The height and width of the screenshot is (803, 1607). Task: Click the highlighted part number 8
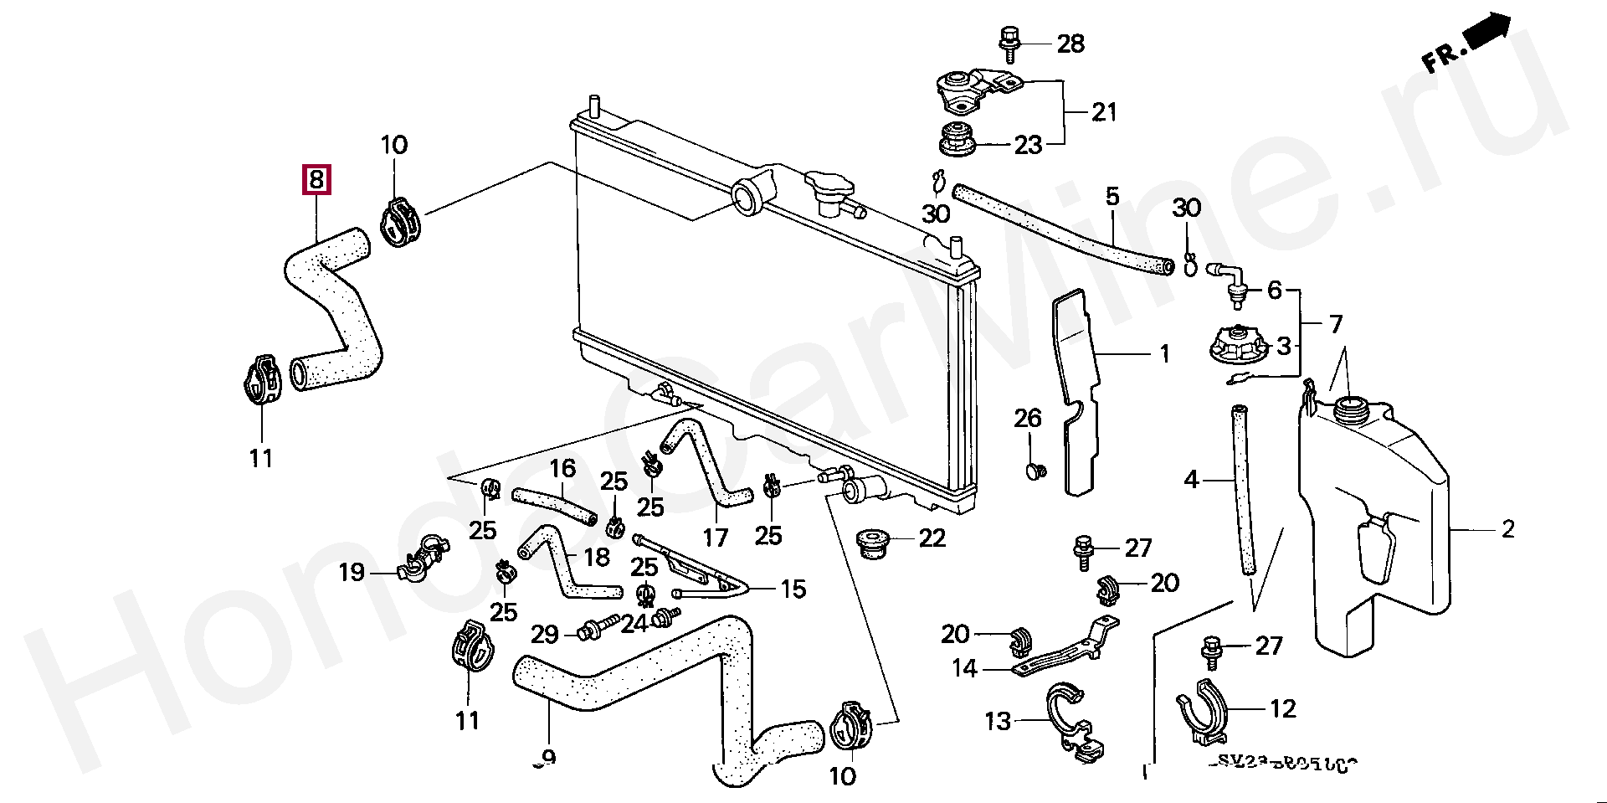pyautogui.click(x=316, y=179)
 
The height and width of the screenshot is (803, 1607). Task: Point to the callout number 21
pyautogui.click(x=1103, y=112)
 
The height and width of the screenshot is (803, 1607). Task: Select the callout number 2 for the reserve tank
pyautogui.click(x=1507, y=529)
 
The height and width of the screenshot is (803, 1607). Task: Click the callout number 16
pyautogui.click(x=562, y=468)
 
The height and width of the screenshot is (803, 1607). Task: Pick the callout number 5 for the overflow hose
pyautogui.click(x=1112, y=198)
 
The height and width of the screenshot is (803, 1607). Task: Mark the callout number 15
pyautogui.click(x=793, y=589)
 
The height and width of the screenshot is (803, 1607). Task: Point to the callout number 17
pyautogui.click(x=715, y=536)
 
